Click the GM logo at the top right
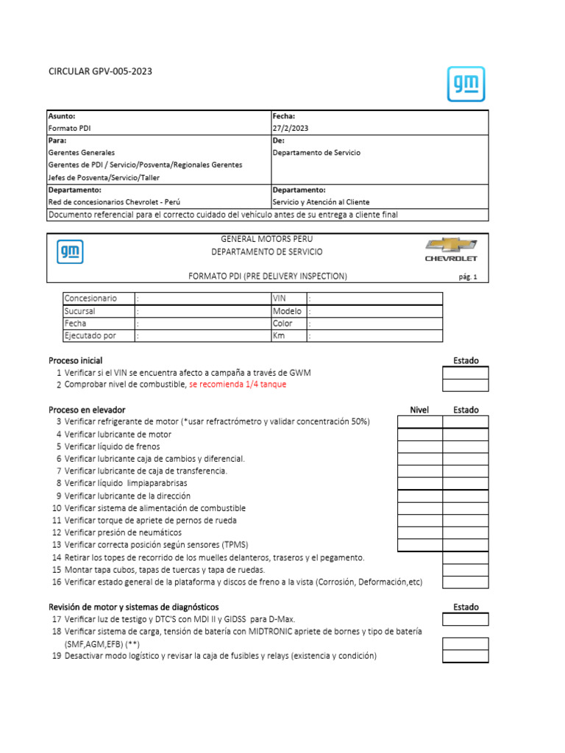coord(466,83)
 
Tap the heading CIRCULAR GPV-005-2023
coord(101,71)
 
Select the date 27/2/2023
coord(291,128)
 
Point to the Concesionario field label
coord(90,299)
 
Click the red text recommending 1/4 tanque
coord(238,385)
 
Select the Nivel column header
coord(419,410)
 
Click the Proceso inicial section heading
coord(75,360)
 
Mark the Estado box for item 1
coord(465,373)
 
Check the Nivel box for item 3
coord(420,421)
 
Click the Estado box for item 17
coord(465,619)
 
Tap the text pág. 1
coord(468,277)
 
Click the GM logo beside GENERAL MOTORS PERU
coord(70,252)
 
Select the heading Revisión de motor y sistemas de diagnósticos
coord(133,607)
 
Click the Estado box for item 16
coord(465,582)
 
